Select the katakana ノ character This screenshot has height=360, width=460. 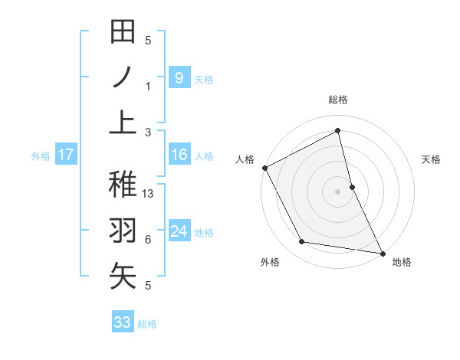(123, 77)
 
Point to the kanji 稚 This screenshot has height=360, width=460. (123, 185)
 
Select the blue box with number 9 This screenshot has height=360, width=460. (179, 77)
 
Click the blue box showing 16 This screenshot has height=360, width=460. (179, 155)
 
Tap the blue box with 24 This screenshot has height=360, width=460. (179, 231)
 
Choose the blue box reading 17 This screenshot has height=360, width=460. (65, 155)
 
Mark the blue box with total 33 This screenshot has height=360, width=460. (123, 322)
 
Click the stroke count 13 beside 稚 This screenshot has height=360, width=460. (149, 194)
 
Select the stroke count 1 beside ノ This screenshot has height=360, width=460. (148, 86)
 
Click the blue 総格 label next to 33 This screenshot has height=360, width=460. (147, 324)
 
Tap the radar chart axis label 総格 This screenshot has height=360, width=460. (337, 100)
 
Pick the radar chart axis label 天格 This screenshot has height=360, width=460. (432, 159)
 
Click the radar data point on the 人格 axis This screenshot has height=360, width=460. (264, 168)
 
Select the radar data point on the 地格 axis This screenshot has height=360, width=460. (382, 253)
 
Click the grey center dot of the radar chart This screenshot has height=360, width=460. (337, 191)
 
